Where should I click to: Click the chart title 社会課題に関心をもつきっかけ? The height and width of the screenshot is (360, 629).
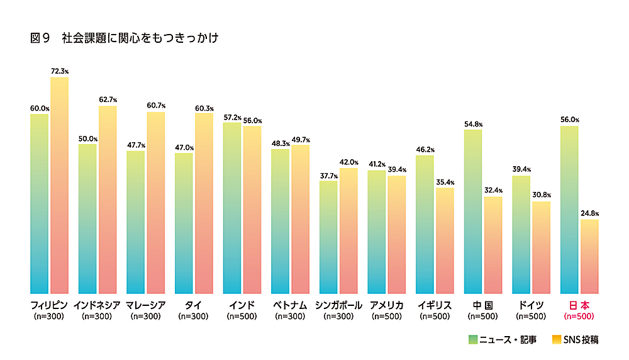(140, 38)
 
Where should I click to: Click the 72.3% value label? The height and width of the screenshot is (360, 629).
(59, 72)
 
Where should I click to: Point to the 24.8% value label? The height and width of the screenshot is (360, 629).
(589, 214)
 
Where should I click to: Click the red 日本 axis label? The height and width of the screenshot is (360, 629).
(579, 305)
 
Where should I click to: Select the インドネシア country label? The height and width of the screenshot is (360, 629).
(97, 305)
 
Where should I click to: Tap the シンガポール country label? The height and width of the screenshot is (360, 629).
(338, 305)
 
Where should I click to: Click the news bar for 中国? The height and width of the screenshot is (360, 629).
(472, 211)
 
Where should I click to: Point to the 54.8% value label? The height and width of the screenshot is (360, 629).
(472, 123)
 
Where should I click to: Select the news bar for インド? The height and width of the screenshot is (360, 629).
(231, 208)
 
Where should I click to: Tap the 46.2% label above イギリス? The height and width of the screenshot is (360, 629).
(425, 150)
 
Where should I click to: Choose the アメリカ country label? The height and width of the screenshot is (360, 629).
(386, 305)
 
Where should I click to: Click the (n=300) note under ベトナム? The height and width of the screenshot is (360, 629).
(290, 316)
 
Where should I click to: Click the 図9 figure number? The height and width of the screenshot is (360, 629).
(40, 38)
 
